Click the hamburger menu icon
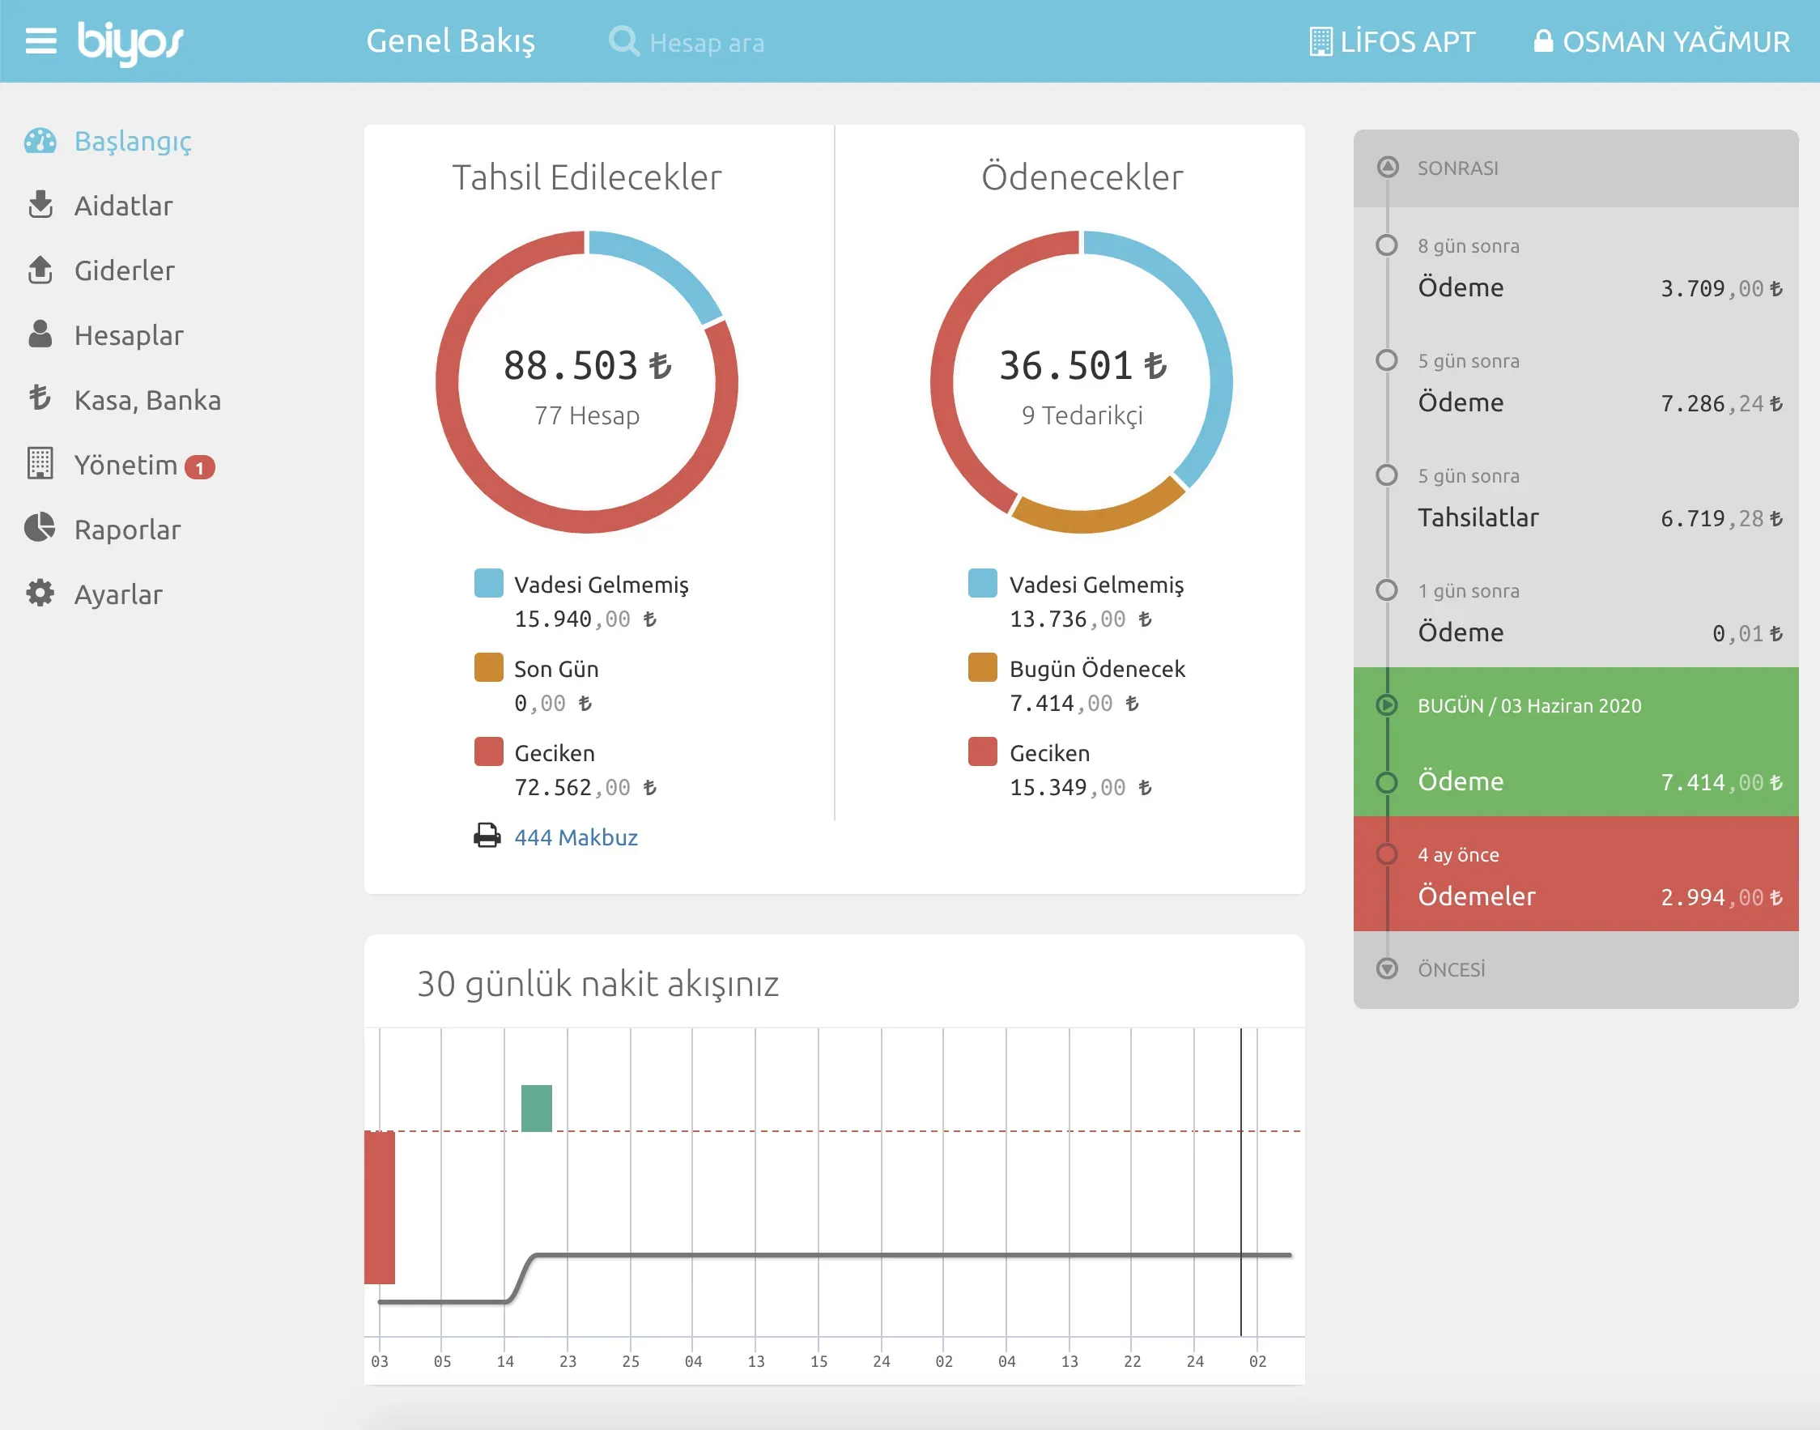pyautogui.click(x=41, y=41)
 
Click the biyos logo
pyautogui.click(x=130, y=43)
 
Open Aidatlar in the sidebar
pyautogui.click(x=123, y=206)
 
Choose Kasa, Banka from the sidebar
pyautogui.click(x=147, y=401)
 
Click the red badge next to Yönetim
pyautogui.click(x=200, y=467)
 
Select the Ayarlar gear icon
pyautogui.click(x=40, y=593)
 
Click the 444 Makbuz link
pyautogui.click(x=576, y=837)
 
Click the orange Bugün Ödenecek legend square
pyautogui.click(x=982, y=667)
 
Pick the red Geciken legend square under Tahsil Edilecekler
pyautogui.click(x=489, y=751)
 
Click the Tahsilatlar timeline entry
pyautogui.click(x=1478, y=517)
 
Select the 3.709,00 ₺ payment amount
pyautogui.click(x=1721, y=289)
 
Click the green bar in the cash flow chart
pyautogui.click(x=537, y=1108)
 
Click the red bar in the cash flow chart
pyautogui.click(x=379, y=1207)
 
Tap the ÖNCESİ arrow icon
pyautogui.click(x=1387, y=968)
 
